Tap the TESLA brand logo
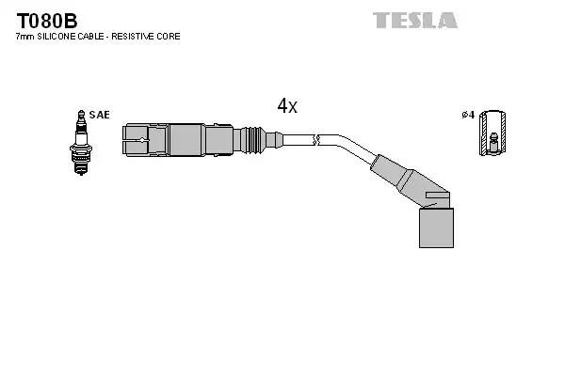click(x=414, y=20)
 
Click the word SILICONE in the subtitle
click(x=59, y=36)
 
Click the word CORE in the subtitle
click(x=170, y=36)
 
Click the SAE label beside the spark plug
click(x=101, y=115)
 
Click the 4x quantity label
click(x=287, y=106)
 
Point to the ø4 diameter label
click(x=466, y=115)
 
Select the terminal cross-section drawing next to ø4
click(x=490, y=134)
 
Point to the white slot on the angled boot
click(x=435, y=196)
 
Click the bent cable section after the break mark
click(x=353, y=149)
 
